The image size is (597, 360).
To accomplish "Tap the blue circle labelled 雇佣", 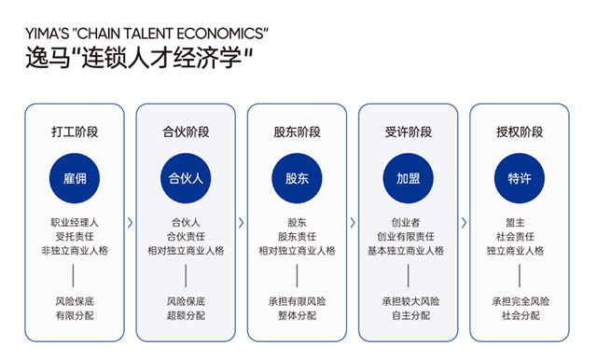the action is click(x=75, y=177).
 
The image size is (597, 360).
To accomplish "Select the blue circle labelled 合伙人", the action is click(x=186, y=177).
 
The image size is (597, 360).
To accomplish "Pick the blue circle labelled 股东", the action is click(x=297, y=177).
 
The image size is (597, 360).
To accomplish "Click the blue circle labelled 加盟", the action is click(x=409, y=177).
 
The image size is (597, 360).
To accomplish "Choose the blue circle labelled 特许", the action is click(x=520, y=177).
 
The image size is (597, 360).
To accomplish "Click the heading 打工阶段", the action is click(x=75, y=132).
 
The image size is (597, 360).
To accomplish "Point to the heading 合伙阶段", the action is click(x=186, y=132).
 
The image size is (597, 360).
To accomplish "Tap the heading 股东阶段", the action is click(x=297, y=132).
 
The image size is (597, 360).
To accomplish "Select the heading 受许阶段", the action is click(x=409, y=132).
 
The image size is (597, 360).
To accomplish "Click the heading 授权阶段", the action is click(x=520, y=132).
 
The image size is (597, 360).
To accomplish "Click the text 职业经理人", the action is click(x=75, y=223).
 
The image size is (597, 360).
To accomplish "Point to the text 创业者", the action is click(x=409, y=223).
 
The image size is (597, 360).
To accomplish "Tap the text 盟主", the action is click(x=520, y=223).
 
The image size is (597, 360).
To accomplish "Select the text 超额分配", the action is click(x=186, y=316).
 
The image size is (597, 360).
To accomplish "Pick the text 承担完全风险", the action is click(x=520, y=301).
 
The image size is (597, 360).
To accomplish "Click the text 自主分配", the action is click(x=409, y=316).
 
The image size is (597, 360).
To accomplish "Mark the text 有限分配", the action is click(x=75, y=316).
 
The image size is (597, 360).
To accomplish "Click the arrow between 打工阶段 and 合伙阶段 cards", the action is click(x=131, y=223).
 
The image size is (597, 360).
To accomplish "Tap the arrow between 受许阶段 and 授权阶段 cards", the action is click(x=464, y=223).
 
